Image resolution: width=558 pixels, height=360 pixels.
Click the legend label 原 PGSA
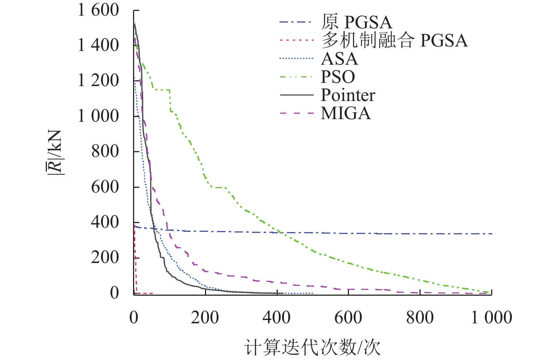(x=357, y=23)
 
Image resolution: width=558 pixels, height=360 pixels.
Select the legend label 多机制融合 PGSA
(x=394, y=40)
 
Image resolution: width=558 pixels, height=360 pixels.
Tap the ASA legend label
(x=339, y=59)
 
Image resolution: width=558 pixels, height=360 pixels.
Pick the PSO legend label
(x=338, y=77)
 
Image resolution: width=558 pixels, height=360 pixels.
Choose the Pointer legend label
(x=348, y=95)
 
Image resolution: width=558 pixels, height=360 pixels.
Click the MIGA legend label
(x=346, y=113)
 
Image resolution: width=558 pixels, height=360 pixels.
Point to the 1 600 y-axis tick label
(x=99, y=10)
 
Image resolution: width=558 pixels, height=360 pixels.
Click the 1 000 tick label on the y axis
(x=99, y=116)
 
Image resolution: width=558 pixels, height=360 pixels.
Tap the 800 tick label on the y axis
(x=105, y=151)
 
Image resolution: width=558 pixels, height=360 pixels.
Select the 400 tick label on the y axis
(x=105, y=222)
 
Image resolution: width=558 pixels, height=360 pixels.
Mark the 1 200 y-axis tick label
(x=99, y=81)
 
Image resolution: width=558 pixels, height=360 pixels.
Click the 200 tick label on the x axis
(x=205, y=318)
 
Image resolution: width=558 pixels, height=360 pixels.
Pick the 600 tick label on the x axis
(x=348, y=318)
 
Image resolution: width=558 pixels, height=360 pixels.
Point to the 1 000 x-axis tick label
(x=491, y=318)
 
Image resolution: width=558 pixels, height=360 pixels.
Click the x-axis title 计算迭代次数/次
(x=313, y=347)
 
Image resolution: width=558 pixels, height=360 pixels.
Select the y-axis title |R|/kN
(x=55, y=153)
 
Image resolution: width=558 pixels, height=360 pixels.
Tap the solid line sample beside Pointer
(x=297, y=95)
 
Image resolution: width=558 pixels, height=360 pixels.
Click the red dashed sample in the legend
(x=297, y=40)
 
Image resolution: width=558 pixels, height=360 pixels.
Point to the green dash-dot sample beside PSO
(x=297, y=77)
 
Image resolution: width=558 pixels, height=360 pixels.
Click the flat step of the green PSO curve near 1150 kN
(x=162, y=90)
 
